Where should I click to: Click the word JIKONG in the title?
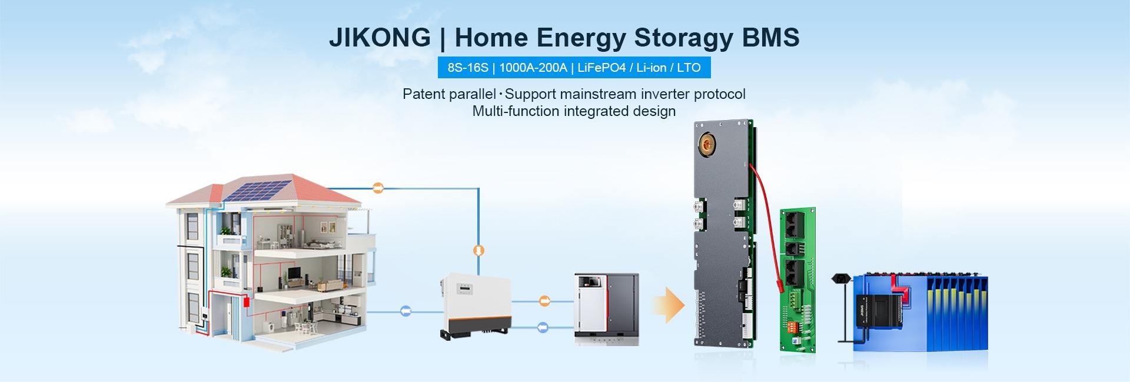pyautogui.click(x=380, y=38)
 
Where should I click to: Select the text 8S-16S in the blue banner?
pyautogui.click(x=468, y=68)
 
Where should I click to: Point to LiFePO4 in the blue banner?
pyautogui.click(x=601, y=68)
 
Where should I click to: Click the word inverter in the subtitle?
pyautogui.click(x=666, y=94)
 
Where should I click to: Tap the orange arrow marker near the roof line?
pyautogui.click(x=378, y=188)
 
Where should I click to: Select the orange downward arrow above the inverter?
pyautogui.click(x=479, y=250)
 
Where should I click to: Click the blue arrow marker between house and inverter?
pyautogui.click(x=406, y=311)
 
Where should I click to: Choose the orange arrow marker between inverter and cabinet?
pyautogui.click(x=545, y=301)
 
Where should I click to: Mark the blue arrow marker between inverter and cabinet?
pyautogui.click(x=543, y=327)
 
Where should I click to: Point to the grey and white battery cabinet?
pyautogui.click(x=606, y=309)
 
